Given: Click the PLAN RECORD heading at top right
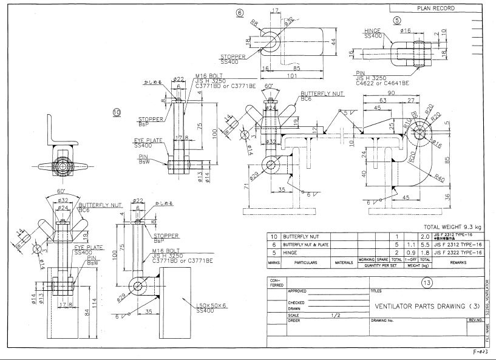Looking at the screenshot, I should tap(435, 8).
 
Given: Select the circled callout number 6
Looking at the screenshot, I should tap(240, 12).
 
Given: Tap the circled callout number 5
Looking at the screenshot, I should tap(398, 20).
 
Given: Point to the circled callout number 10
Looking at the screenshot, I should tap(117, 112).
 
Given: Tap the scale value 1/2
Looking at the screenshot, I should tap(336, 315).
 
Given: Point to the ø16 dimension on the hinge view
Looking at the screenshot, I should tap(406, 30).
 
